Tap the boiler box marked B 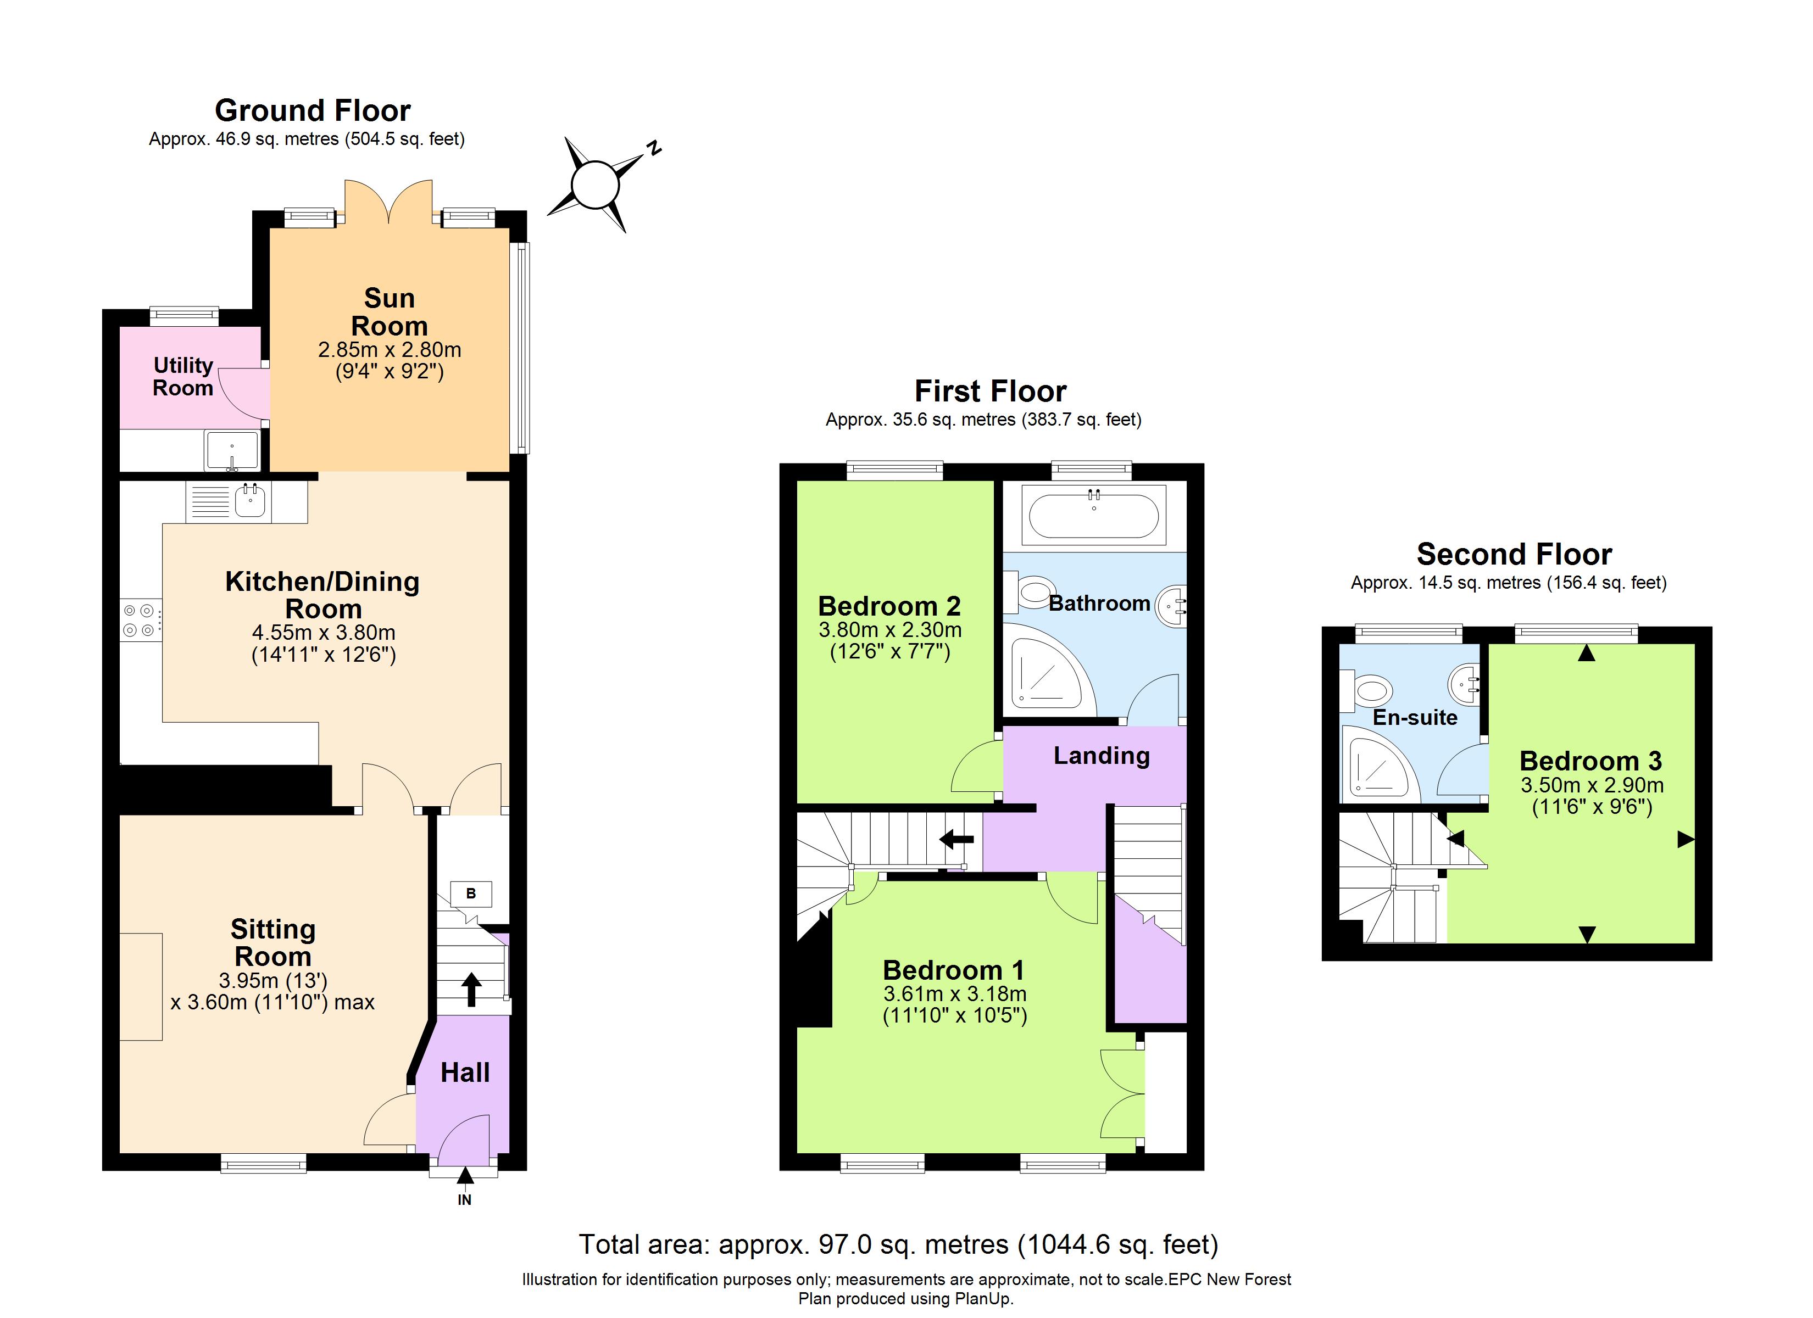coord(471,893)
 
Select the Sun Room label coord(390,312)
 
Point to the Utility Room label coord(183,377)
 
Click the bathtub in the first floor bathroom coord(1093,516)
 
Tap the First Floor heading coord(991,391)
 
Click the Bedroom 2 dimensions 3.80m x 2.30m coord(889,630)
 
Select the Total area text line coord(898,1244)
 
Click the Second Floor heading coord(1514,554)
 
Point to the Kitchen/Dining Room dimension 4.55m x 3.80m coord(324,632)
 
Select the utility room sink coord(232,451)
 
